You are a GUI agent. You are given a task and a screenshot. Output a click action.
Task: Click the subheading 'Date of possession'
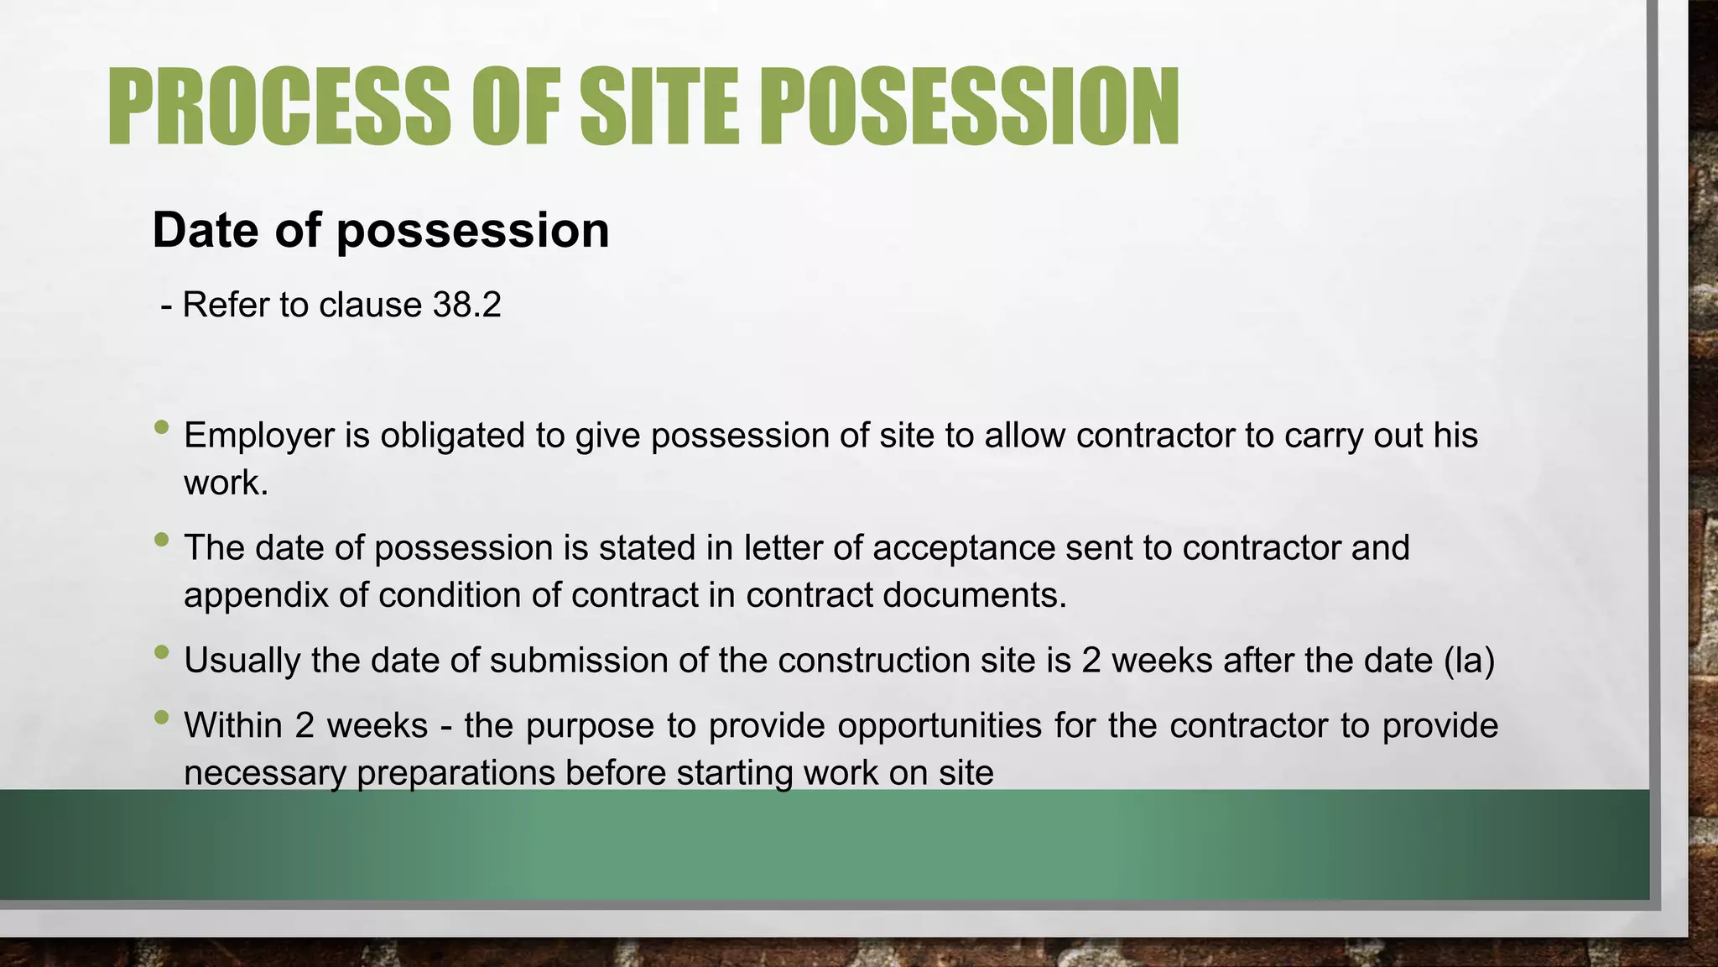[381, 230]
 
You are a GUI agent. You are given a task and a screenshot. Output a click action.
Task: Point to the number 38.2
[466, 305]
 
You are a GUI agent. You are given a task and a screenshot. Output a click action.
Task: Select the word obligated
[472, 436]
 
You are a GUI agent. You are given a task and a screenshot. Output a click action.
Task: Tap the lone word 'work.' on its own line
[226, 483]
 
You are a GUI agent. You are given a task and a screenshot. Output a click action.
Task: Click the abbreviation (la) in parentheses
[1470, 661]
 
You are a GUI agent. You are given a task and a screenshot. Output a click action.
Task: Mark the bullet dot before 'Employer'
[162, 427]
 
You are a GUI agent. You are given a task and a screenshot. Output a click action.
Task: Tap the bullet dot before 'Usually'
[162, 652]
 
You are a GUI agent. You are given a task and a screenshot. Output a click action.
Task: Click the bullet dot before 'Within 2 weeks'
[162, 717]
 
